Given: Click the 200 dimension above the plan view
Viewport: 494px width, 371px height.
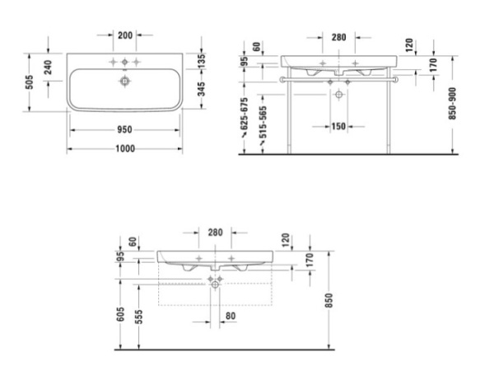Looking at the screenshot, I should [125, 35].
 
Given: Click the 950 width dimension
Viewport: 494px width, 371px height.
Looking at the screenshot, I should [125, 130].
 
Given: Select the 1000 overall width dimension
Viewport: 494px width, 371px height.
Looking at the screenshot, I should [125, 148].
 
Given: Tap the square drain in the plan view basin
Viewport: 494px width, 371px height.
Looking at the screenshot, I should [125, 82].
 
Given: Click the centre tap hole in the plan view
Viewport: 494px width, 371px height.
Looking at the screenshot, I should [125, 63].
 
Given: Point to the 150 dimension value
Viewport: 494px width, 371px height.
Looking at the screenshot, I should [338, 126].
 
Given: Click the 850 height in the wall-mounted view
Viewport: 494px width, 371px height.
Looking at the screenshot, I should [331, 298].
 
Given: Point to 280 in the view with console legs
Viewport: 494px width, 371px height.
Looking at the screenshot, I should [338, 38].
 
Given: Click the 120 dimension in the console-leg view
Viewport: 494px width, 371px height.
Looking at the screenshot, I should [409, 44].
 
